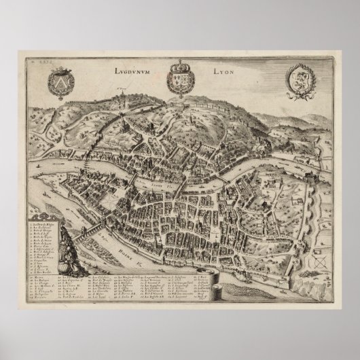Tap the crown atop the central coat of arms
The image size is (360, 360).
179,65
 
